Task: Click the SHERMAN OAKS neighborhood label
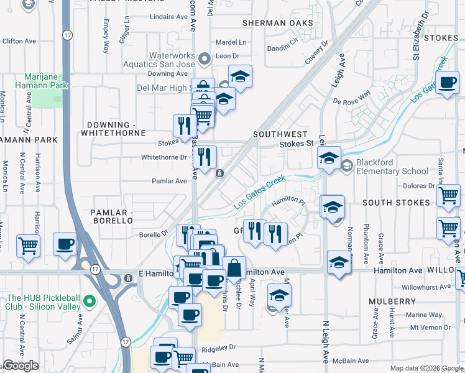278,23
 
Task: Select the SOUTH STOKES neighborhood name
395,203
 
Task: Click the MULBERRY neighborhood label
392,301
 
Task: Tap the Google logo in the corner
21,366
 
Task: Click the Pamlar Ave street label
169,181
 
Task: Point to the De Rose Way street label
351,97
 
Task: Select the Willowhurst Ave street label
425,287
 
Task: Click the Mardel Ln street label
231,43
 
